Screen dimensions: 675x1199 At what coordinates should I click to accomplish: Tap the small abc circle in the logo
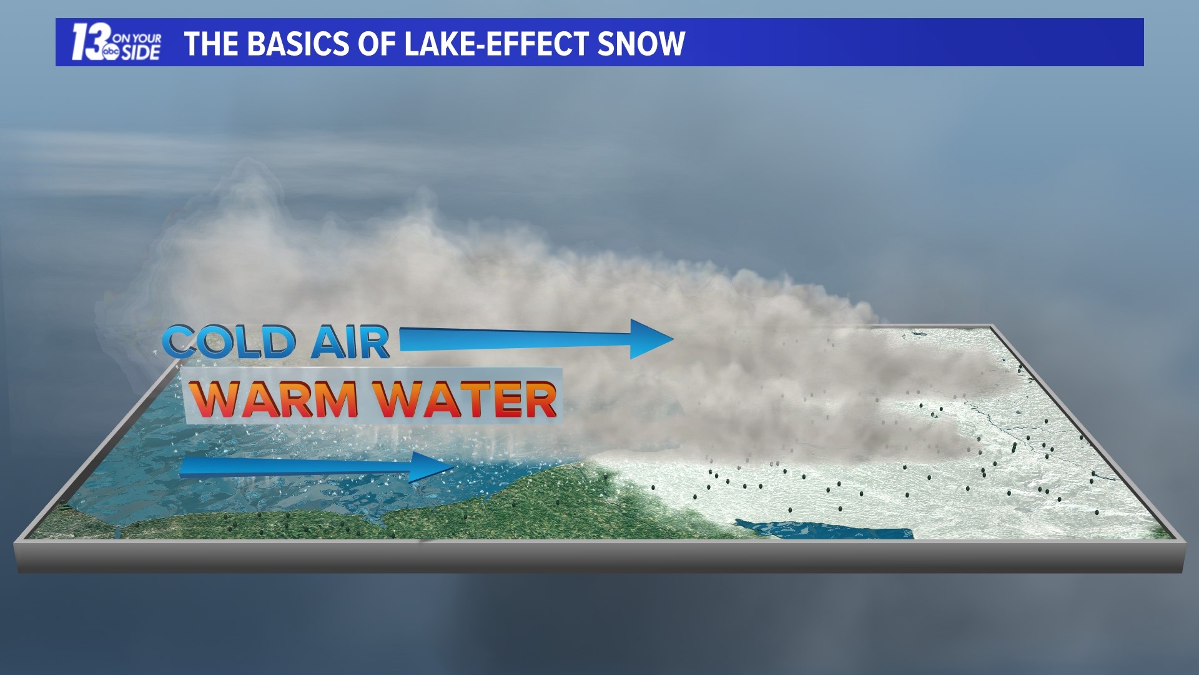[x=111, y=52]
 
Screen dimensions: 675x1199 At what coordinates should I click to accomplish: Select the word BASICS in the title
[x=298, y=44]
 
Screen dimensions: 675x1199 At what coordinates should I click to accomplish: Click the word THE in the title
[x=211, y=44]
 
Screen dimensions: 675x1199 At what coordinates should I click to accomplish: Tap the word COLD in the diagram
[x=229, y=342]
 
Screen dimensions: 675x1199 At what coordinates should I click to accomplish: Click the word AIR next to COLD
[x=350, y=342]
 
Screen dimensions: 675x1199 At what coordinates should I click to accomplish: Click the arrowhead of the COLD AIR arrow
[x=653, y=339]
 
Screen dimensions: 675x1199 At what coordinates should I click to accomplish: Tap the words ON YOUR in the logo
[x=137, y=38]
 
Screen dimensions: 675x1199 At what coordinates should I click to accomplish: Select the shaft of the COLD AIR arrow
[x=512, y=339]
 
